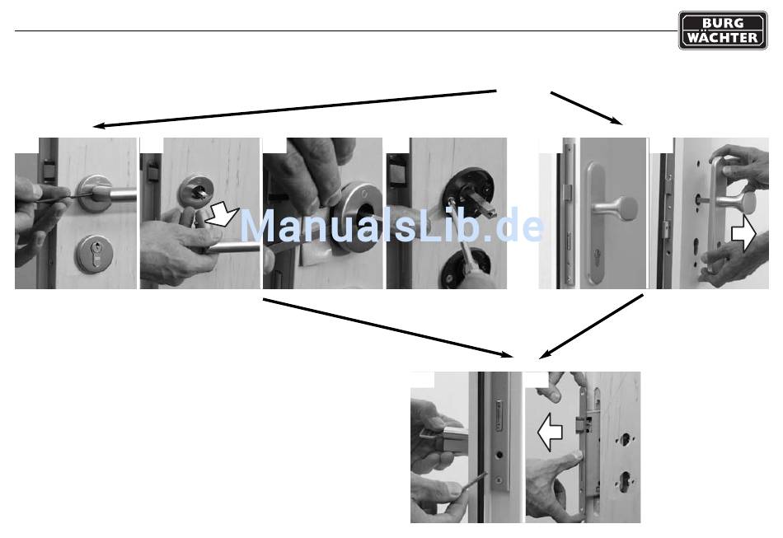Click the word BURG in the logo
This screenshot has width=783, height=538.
[723, 22]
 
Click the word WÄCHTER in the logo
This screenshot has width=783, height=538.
[723, 38]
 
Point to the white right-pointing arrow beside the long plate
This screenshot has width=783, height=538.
[743, 235]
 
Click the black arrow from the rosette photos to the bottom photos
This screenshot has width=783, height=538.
[388, 328]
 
